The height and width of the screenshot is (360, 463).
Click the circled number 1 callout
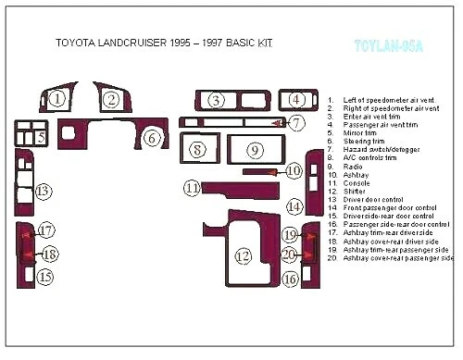57,99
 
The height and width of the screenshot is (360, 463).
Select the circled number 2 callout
112,99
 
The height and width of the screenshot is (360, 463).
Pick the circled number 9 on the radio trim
255,149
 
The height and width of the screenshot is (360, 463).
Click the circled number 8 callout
197,148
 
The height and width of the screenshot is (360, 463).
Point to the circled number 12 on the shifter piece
243,255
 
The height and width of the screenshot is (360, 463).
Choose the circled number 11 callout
192,188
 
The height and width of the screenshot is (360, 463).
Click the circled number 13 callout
44,192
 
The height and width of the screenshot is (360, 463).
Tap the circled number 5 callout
41,137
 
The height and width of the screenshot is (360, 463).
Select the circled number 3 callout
216,100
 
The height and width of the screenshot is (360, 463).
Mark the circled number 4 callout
296,99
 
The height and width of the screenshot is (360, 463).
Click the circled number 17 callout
45,230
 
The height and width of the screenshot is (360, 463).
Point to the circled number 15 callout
44,276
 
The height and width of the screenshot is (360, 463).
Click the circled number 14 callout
294,206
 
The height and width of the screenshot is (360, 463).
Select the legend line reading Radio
353,167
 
